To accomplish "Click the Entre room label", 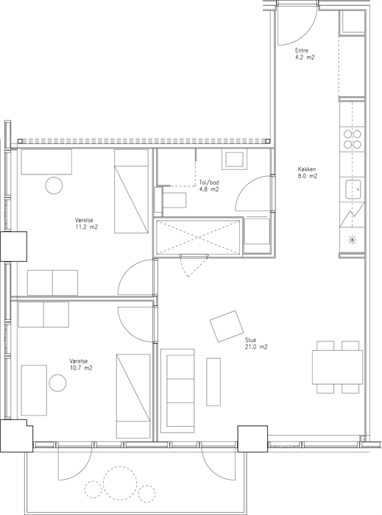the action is coord(302,51).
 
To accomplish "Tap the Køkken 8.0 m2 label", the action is coord(308,173).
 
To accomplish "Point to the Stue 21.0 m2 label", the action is coord(256,344).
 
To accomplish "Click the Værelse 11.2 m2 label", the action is coord(86,224).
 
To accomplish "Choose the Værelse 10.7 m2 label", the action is coord(81,365).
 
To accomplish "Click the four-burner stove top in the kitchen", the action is coord(353,139).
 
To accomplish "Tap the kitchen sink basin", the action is coord(353,190).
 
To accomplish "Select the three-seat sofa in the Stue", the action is coord(177,391).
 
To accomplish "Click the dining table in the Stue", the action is coord(337,367).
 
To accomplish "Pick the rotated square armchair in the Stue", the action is coord(227,327).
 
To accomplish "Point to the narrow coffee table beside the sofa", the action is coord(213,382).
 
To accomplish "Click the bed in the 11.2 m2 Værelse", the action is coord(131,191).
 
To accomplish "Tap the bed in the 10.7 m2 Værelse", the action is coord(133,396).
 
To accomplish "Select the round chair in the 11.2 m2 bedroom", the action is coord(54,185).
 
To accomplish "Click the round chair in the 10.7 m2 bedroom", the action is coord(58,383).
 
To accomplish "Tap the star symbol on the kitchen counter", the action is coord(353,241).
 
